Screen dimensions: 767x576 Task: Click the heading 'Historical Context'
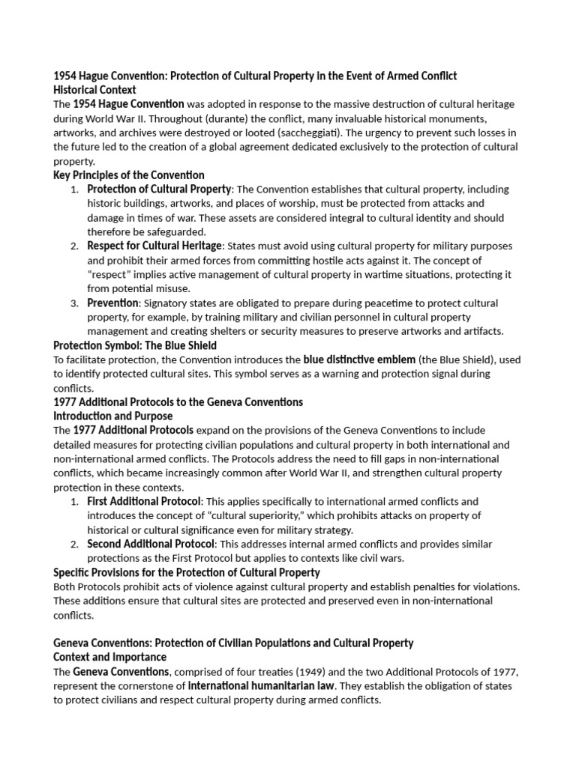pyautogui.click(x=95, y=90)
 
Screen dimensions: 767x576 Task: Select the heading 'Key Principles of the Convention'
pyautogui.click(x=128, y=175)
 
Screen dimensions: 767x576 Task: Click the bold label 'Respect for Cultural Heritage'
pyautogui.click(x=154, y=246)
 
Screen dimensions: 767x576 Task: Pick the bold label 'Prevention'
pyautogui.click(x=112, y=303)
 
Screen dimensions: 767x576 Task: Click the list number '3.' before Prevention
pyautogui.click(x=74, y=303)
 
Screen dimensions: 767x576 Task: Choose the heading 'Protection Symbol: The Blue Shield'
pyautogui.click(x=135, y=345)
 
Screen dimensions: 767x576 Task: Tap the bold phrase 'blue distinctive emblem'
pyautogui.click(x=359, y=360)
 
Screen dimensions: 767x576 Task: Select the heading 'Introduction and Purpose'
pyautogui.click(x=112, y=416)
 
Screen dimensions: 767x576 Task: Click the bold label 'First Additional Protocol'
pyautogui.click(x=143, y=501)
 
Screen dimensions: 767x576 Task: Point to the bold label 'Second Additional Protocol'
pyautogui.click(x=151, y=544)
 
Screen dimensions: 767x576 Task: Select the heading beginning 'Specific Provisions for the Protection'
pyautogui.click(x=186, y=572)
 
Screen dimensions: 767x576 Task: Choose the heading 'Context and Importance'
pyautogui.click(x=109, y=657)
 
